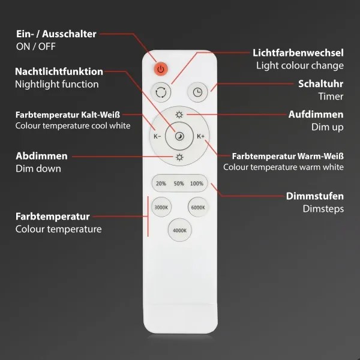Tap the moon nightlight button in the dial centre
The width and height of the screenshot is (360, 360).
[x=179, y=136]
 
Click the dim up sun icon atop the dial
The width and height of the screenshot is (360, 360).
[x=179, y=114]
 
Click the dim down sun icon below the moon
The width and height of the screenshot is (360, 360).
[x=179, y=158]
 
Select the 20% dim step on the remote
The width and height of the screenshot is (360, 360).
[x=161, y=184]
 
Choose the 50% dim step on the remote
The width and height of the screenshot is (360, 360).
[x=179, y=184]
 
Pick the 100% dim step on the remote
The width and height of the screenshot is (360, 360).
[x=196, y=184]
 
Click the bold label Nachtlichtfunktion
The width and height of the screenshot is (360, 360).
[x=59, y=71]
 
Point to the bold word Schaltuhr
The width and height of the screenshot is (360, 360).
[x=321, y=83]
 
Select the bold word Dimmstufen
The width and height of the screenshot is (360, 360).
[x=315, y=196]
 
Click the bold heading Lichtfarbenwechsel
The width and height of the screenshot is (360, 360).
[x=298, y=53]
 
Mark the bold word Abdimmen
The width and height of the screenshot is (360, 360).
[x=41, y=156]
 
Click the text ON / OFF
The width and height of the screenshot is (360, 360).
[x=35, y=46]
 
